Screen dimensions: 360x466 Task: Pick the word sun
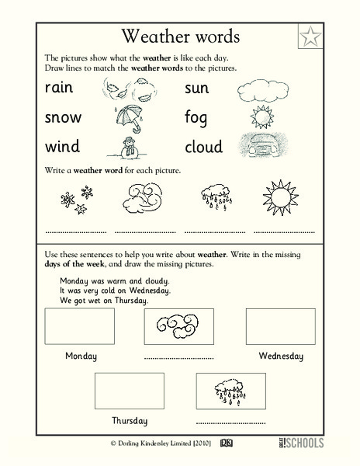[197, 88]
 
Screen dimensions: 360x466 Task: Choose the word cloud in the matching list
[203, 146]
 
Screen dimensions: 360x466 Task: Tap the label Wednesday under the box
[280, 356]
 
